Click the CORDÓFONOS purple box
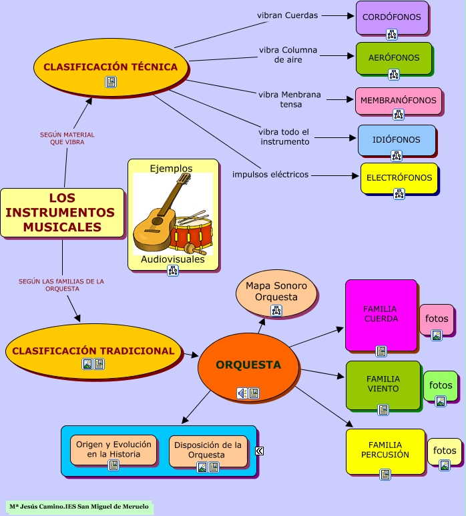tap(392, 17)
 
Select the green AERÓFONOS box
tap(393, 58)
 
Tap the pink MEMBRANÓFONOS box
tap(398, 101)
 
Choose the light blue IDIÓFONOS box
tap(397, 140)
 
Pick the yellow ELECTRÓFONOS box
tap(399, 178)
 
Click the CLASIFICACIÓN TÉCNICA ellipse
tap(111, 67)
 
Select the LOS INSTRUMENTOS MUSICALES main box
tap(62, 213)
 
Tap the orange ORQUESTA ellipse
tap(248, 365)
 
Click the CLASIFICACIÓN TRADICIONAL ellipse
tap(93, 351)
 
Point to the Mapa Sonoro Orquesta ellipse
tap(276, 292)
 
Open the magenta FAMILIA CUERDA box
tap(381, 315)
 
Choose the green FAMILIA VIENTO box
tap(383, 385)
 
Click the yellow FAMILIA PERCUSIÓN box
tap(385, 451)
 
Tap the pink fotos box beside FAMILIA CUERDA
tap(437, 319)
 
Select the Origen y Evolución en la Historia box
tap(113, 450)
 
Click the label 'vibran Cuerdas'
tap(288, 15)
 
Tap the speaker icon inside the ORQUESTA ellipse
tap(242, 393)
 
